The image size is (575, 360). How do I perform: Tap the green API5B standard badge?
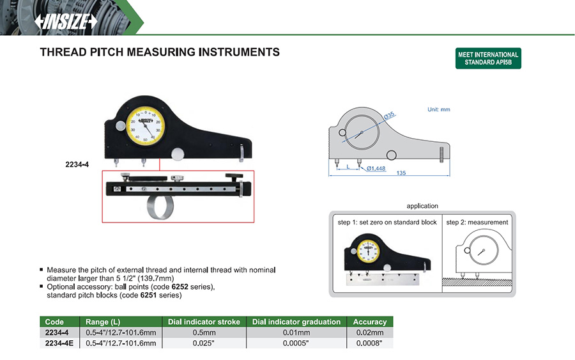[x=488, y=59]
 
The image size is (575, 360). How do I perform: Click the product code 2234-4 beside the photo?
[x=77, y=164]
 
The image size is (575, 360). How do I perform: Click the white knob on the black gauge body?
[x=178, y=153]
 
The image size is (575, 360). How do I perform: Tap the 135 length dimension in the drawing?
[x=401, y=173]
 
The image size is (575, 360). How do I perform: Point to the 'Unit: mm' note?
[x=439, y=109]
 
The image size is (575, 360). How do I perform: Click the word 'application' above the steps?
[x=422, y=206]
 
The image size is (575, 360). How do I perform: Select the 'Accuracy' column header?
[x=370, y=322]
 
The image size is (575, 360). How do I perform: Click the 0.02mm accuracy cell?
[x=370, y=333]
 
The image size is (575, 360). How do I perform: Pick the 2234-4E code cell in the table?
[x=59, y=343]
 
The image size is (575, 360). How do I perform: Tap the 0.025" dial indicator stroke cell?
[x=203, y=343]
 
